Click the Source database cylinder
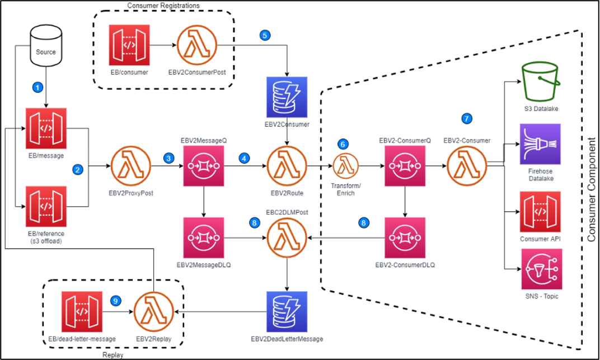pos(46,48)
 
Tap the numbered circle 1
pos(37,87)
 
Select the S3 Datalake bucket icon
pos(541,82)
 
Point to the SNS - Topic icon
pos(541,269)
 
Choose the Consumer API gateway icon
pos(541,211)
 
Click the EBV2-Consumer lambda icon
pos(467,165)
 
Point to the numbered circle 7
pos(466,119)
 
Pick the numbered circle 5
pos(265,35)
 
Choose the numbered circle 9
pos(116,301)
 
